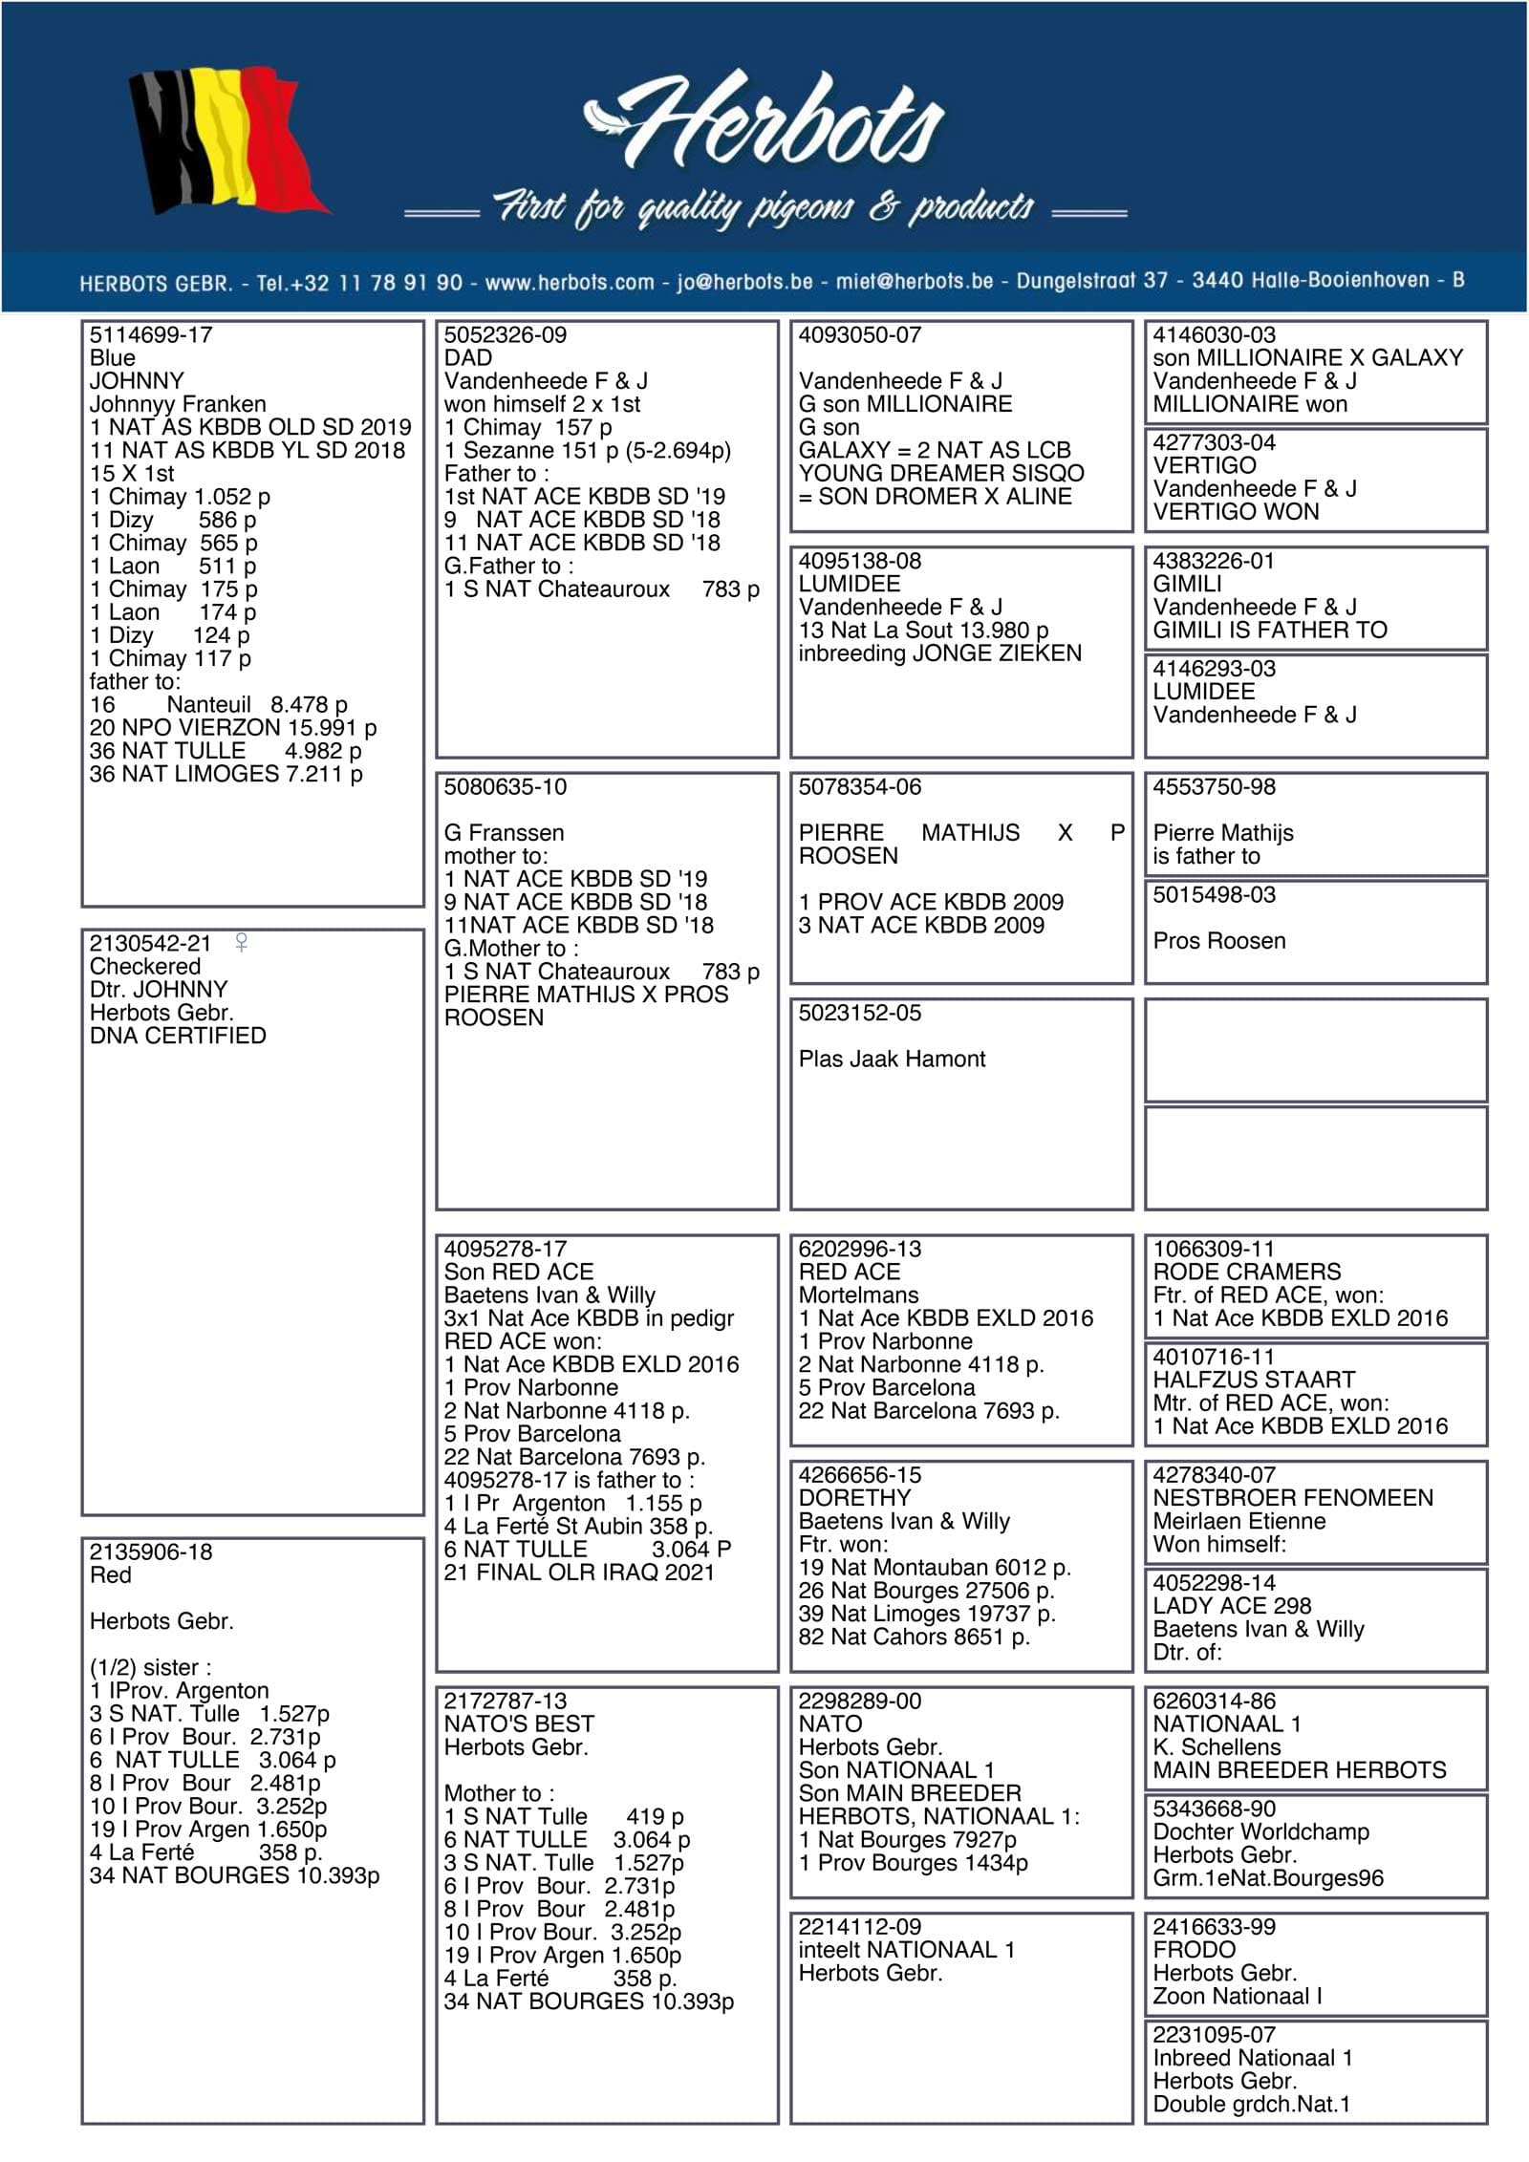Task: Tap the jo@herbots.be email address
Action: (744, 282)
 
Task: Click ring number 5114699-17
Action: (151, 335)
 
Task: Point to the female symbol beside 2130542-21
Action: (242, 943)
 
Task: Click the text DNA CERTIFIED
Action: (178, 1036)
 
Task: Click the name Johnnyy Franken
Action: (178, 404)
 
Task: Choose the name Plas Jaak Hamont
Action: (892, 1059)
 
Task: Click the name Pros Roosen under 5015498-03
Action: (1219, 941)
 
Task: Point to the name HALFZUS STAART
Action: (1254, 1380)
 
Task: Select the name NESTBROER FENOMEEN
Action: (1293, 1498)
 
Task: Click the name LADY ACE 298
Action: (1232, 1606)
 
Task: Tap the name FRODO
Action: (1195, 1950)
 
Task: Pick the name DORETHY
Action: (855, 1498)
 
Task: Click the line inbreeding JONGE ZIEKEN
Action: (940, 653)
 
